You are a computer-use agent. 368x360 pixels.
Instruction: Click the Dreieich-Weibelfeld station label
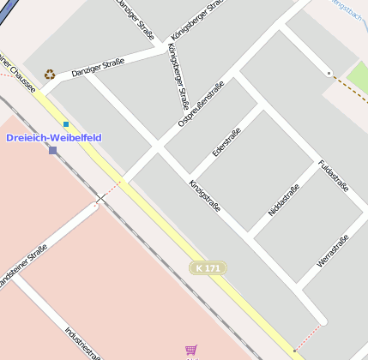[x=53, y=137]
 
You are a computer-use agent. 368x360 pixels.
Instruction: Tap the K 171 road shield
[x=208, y=268]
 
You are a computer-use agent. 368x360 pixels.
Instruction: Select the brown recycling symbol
[x=50, y=75]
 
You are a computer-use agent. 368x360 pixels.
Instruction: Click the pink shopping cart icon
[x=190, y=350]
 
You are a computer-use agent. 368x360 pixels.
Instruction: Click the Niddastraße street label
[x=283, y=200]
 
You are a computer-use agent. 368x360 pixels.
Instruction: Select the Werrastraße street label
[x=333, y=250]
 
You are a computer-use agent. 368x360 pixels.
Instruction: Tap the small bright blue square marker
[x=65, y=124]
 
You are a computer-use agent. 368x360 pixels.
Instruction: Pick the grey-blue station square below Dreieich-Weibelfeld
[x=53, y=150]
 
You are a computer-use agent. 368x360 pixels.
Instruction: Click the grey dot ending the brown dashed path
[x=329, y=74]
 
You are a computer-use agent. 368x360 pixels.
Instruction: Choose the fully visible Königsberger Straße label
[x=174, y=76]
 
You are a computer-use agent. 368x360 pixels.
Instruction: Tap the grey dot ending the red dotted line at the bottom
[x=294, y=351]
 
